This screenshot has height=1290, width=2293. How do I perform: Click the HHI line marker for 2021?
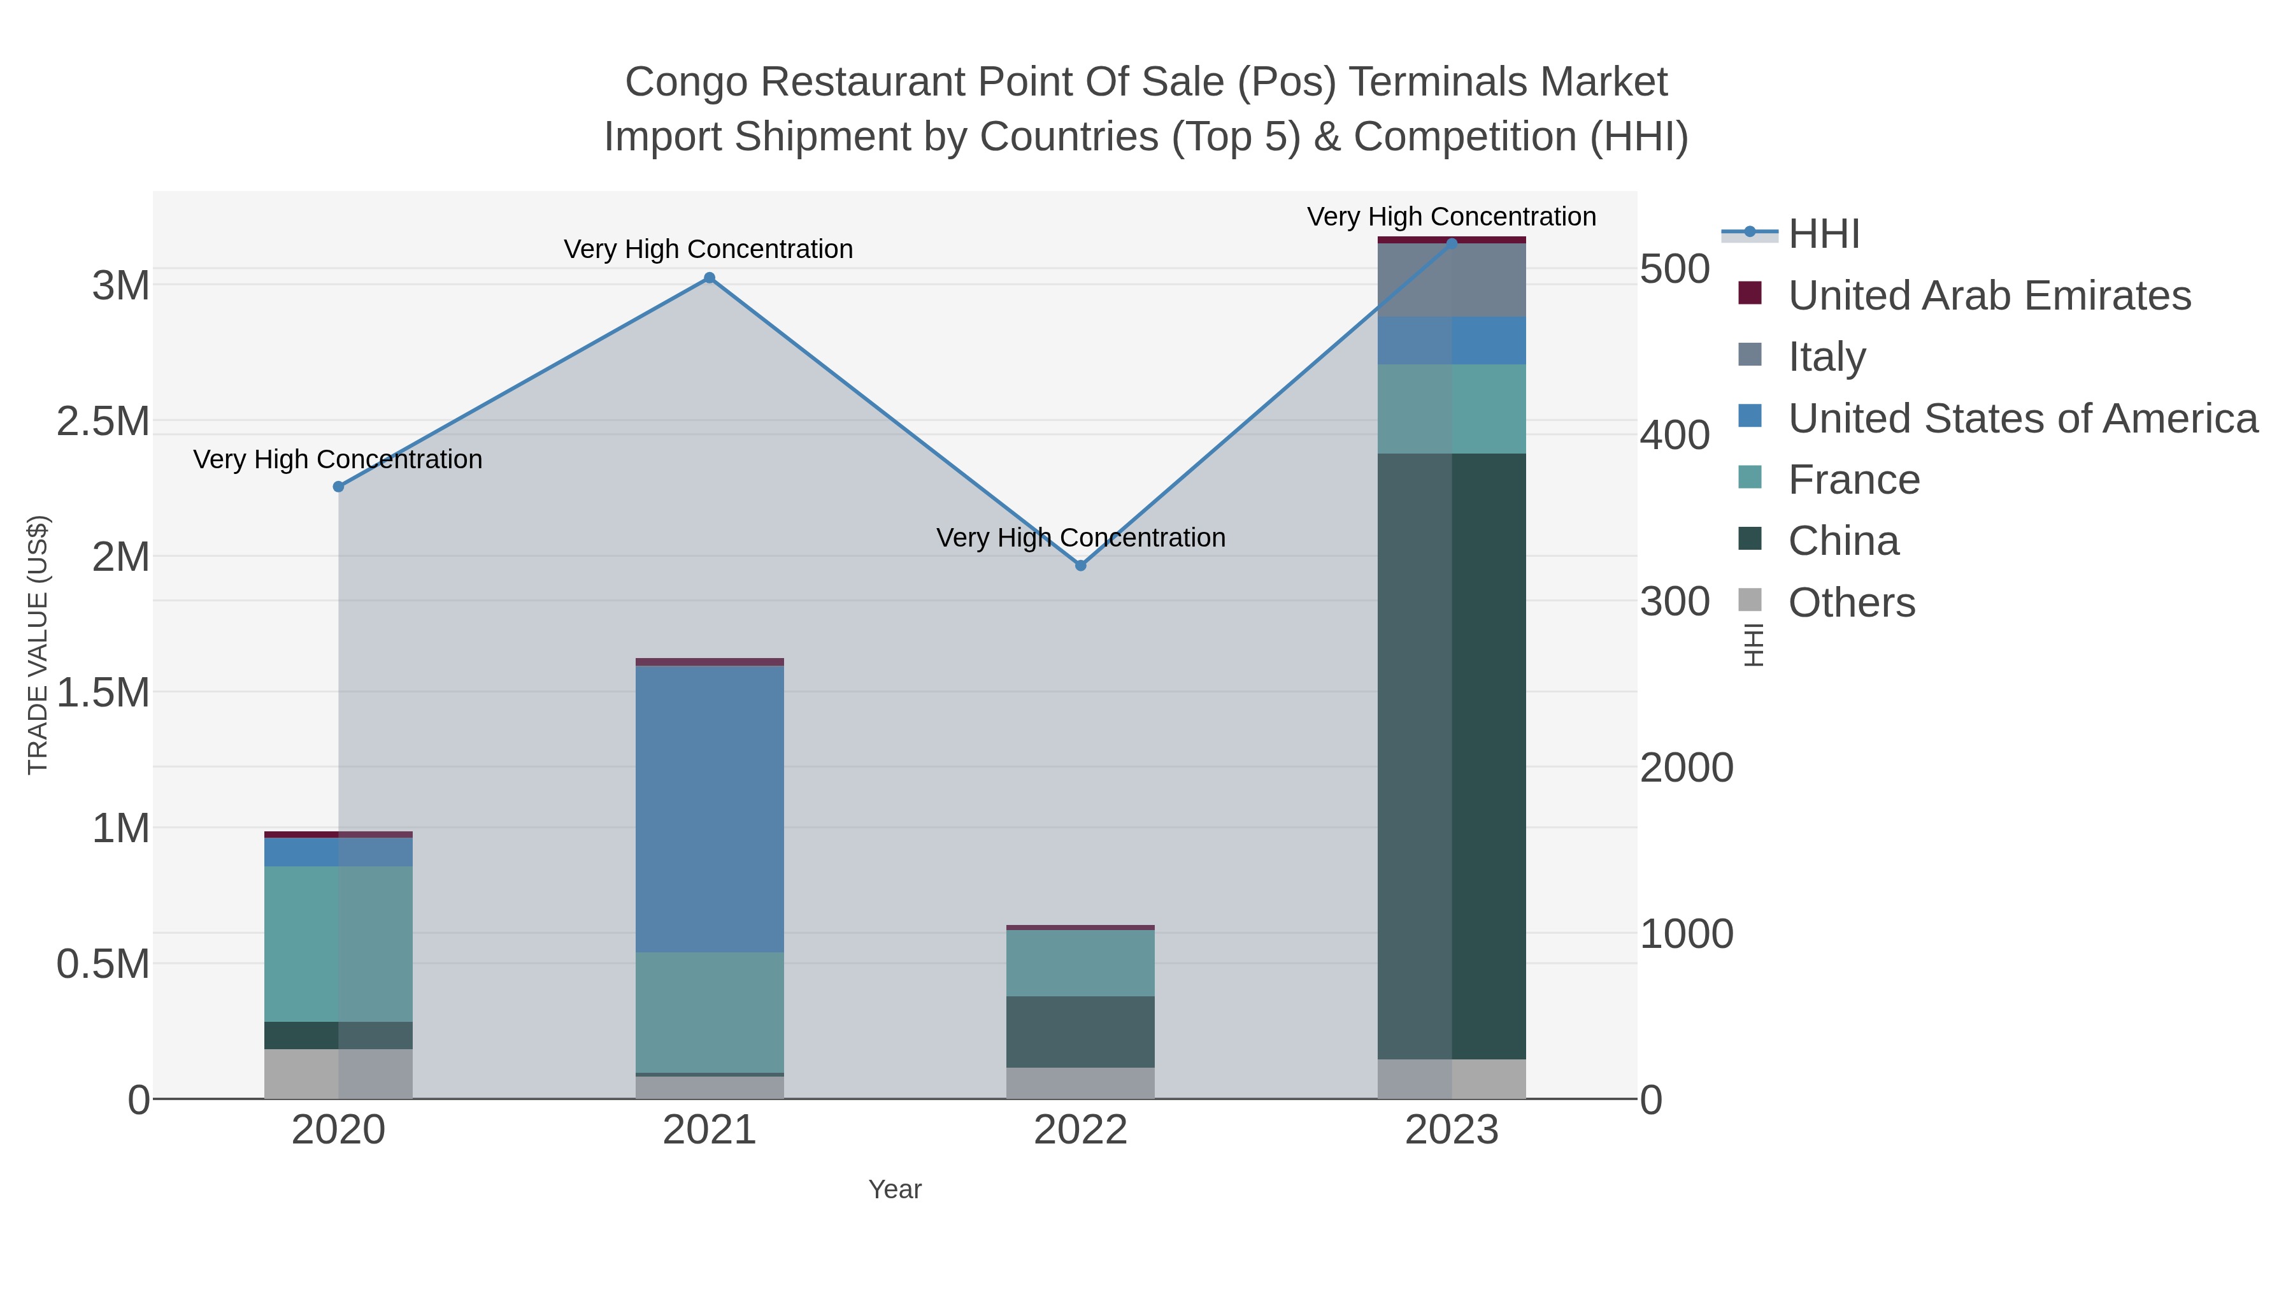(x=710, y=278)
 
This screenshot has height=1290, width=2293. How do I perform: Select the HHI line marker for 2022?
(x=1081, y=565)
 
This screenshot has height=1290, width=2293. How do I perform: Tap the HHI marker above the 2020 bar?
(x=338, y=487)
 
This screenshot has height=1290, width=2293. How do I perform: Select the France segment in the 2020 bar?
(x=338, y=943)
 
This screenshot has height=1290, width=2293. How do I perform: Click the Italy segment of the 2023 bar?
(x=1452, y=280)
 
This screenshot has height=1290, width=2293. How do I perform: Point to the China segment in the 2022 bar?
(x=1081, y=1032)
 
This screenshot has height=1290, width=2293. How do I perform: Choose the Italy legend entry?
(x=1827, y=357)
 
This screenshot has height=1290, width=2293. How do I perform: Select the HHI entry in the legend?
(x=1823, y=234)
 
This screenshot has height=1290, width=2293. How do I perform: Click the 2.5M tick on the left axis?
(x=103, y=421)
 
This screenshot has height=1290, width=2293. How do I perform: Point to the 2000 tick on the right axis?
(x=1686, y=768)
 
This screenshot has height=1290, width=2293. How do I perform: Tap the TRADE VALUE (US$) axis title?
(x=38, y=645)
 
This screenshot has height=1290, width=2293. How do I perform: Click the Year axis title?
(x=895, y=1189)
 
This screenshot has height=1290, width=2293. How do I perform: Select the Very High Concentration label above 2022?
(x=1081, y=538)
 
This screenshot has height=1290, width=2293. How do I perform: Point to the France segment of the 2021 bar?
(x=710, y=1012)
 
